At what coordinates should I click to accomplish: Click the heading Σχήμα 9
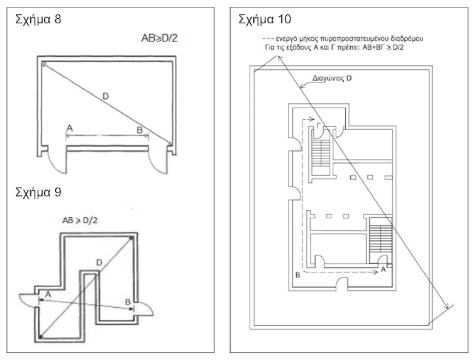click(38, 191)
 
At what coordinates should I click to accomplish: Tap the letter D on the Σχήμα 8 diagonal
click(105, 96)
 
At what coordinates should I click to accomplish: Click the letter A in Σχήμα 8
click(69, 129)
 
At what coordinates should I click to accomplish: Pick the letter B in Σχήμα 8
click(140, 130)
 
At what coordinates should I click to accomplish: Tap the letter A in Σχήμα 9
click(47, 294)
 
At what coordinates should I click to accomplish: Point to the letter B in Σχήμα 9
click(128, 302)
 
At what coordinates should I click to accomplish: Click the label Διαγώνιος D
click(331, 80)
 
